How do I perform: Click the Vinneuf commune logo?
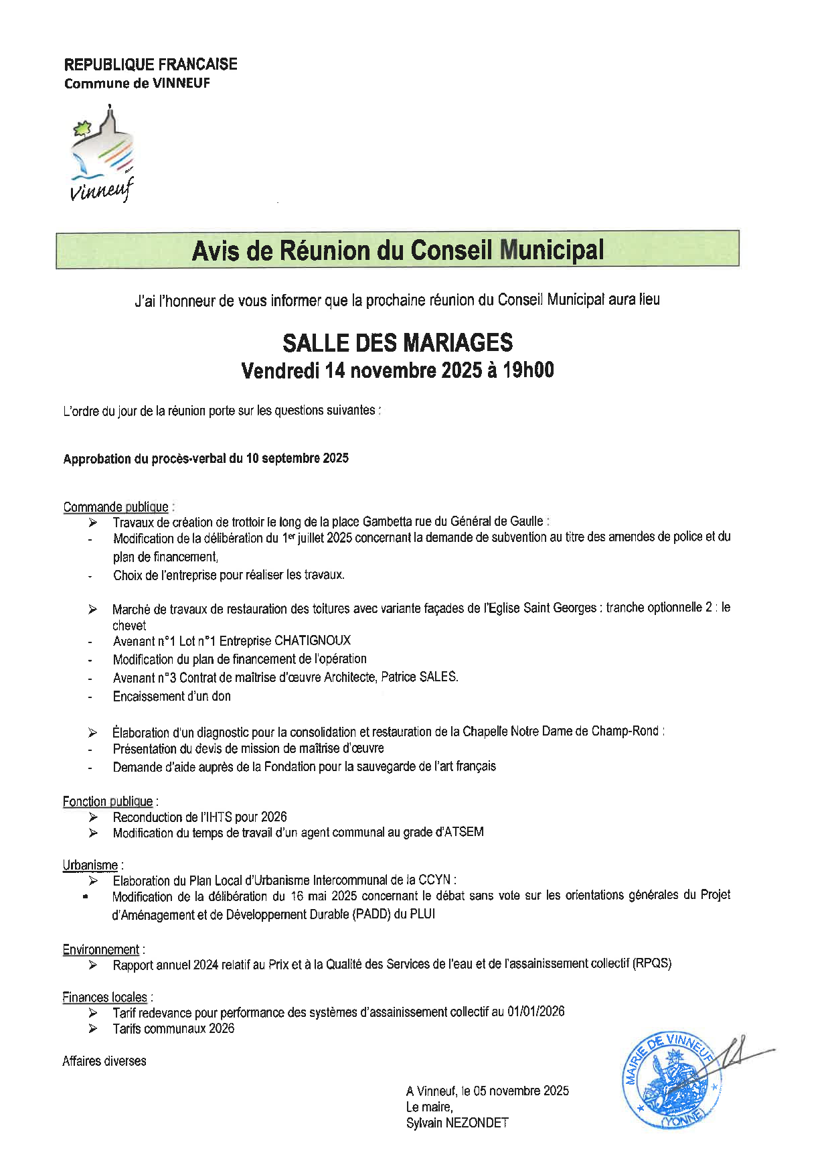coord(102,155)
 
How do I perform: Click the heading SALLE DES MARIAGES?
coord(398,343)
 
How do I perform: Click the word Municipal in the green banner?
coord(552,250)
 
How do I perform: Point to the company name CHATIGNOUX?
coord(313,640)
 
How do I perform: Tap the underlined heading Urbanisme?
coord(90,865)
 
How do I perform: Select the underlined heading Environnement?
coord(101,949)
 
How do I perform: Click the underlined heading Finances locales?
coord(105,997)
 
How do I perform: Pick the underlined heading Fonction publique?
coord(108,801)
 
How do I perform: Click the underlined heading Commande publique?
coord(116,506)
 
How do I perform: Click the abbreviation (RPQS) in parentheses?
coord(653,963)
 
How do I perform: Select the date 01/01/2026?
coord(535,1012)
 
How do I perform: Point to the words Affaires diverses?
coord(104,1060)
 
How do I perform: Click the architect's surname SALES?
coord(438,677)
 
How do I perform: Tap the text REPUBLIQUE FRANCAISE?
coord(151,64)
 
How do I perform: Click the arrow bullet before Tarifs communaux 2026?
coord(93,1029)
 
